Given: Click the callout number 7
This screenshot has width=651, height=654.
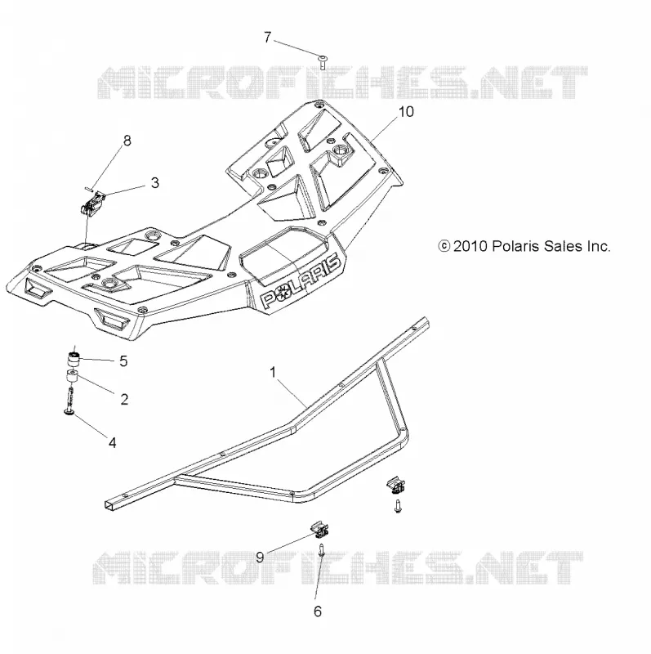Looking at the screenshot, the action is pyautogui.click(x=268, y=38).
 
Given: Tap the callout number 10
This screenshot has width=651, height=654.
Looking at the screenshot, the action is pyautogui.click(x=406, y=112).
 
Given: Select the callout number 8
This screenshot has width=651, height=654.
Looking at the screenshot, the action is pyautogui.click(x=127, y=141).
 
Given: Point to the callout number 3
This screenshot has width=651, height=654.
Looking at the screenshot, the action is pyautogui.click(x=154, y=182).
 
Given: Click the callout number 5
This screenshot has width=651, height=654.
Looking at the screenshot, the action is pyautogui.click(x=123, y=361).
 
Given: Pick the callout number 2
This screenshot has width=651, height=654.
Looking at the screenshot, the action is pyautogui.click(x=124, y=400).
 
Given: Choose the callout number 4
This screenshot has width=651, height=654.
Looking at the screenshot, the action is pyautogui.click(x=113, y=442).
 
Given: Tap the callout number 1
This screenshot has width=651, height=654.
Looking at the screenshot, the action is pyautogui.click(x=273, y=372).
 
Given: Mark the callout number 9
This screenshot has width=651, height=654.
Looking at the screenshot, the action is pyautogui.click(x=260, y=558).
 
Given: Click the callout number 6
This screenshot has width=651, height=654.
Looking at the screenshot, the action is pyautogui.click(x=318, y=611).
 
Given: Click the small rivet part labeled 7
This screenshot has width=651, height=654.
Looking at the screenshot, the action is pyautogui.click(x=322, y=62).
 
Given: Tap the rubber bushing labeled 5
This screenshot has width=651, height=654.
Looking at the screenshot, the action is pyautogui.click(x=74, y=359).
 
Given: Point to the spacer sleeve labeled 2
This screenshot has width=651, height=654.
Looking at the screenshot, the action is pyautogui.click(x=73, y=377).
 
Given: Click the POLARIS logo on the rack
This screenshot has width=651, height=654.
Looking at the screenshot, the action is pyautogui.click(x=301, y=281).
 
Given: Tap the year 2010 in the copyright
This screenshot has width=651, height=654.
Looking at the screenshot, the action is pyautogui.click(x=470, y=246).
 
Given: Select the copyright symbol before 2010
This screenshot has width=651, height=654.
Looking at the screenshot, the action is pyautogui.click(x=444, y=246).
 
